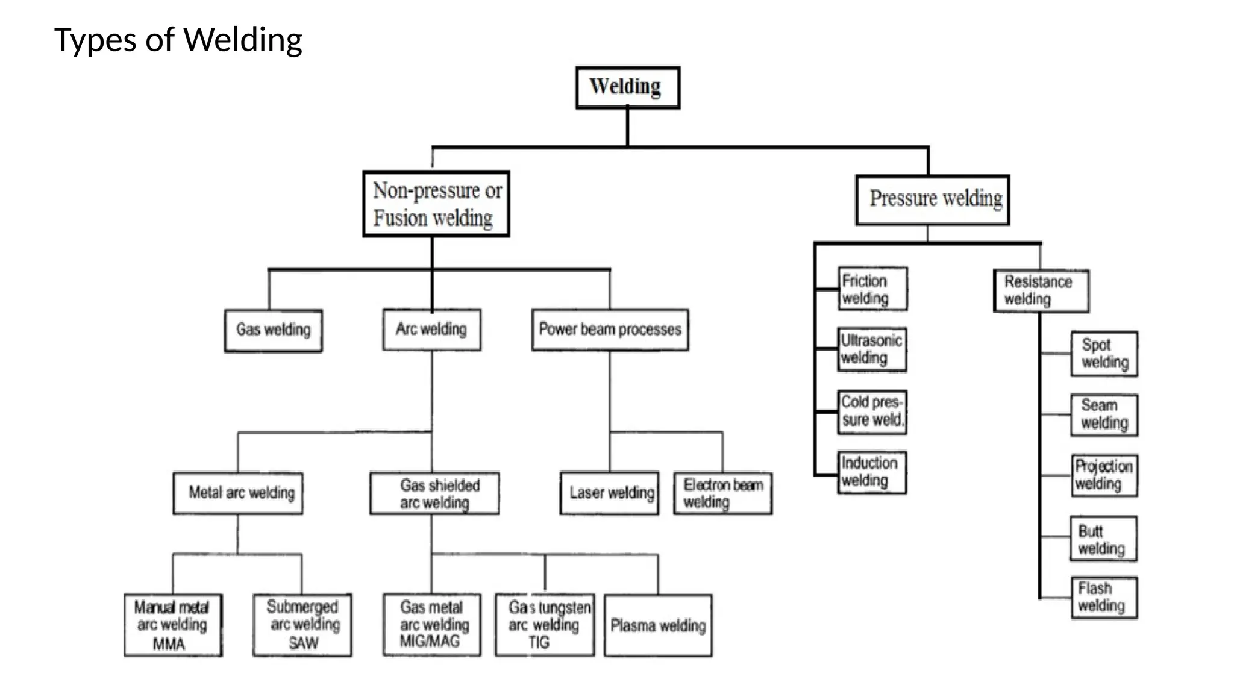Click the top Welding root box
click(x=627, y=87)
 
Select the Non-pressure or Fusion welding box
click(x=436, y=204)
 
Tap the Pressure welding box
click(x=932, y=199)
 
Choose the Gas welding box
click(x=273, y=330)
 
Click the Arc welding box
click(x=431, y=330)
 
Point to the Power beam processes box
click(x=610, y=330)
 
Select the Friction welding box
click(x=872, y=289)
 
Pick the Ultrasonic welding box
click(x=872, y=349)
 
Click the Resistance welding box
click(x=1041, y=291)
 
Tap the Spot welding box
click(x=1104, y=354)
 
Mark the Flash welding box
click(x=1104, y=598)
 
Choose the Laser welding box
click(x=609, y=493)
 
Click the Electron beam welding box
click(x=723, y=493)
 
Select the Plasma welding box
click(x=657, y=625)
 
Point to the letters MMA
click(x=169, y=645)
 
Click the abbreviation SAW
click(x=303, y=643)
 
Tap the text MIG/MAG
click(x=430, y=642)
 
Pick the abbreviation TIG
click(x=539, y=643)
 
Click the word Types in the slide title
click(x=95, y=40)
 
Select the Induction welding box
click(x=872, y=473)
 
